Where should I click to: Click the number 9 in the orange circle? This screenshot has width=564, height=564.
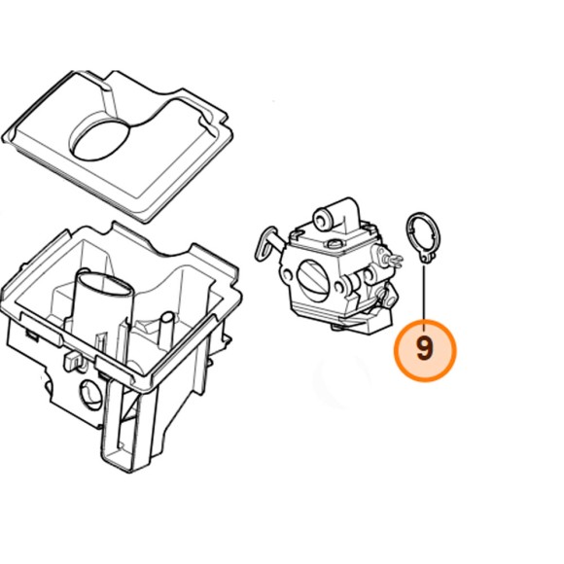pos(424,348)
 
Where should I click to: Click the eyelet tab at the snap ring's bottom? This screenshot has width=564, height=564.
pos(427,259)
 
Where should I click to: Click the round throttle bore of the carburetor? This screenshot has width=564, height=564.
pos(313,281)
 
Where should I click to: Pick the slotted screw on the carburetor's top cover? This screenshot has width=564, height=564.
pos(335,244)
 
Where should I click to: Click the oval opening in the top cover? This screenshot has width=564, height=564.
pos(101,140)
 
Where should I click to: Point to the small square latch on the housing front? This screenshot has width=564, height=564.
pos(73,361)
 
